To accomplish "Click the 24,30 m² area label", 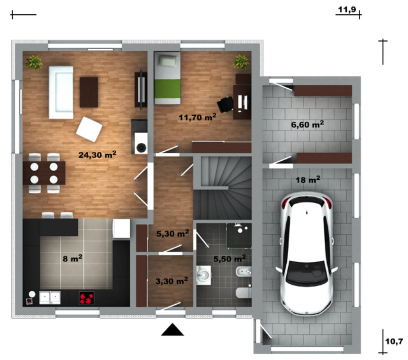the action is pos(97,155).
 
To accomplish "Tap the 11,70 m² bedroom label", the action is pos(197,117).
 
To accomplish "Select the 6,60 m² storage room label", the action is pos(307,124).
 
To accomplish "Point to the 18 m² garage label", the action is pos(308,179).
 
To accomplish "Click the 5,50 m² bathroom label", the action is pos(229,258).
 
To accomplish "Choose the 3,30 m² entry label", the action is pos(172,281).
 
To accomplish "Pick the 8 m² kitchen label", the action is pos(73,258).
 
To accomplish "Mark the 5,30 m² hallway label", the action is pos(172,233).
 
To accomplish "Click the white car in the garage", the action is pos(307,254).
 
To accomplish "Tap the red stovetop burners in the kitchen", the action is pos(86,298).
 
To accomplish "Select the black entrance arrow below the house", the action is pos(172,330).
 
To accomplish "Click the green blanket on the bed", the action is pos(167,89).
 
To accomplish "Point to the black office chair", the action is pos(225,104).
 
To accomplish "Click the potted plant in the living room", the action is pos(34,62).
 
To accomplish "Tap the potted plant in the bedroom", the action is pos(241,62).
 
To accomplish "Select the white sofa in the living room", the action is pos(61,92).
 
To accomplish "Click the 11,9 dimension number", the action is pos(347,9).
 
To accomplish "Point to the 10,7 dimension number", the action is pos(394,341).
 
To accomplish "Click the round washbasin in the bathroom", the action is pos(203,275).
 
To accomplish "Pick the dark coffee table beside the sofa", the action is pos(89,92).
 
